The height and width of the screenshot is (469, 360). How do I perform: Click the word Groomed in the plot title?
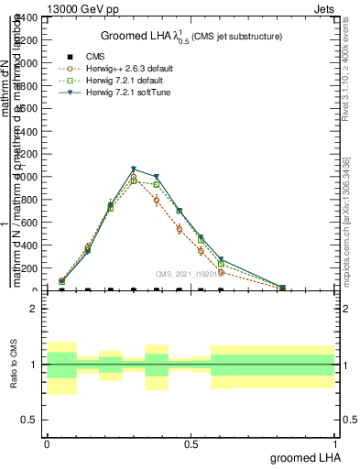click(x=121, y=36)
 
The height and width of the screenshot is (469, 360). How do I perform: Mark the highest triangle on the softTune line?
click(x=134, y=169)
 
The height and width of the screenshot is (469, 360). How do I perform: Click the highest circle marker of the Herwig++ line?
click(x=134, y=178)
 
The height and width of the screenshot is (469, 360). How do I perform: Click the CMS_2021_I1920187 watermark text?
click(x=188, y=273)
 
